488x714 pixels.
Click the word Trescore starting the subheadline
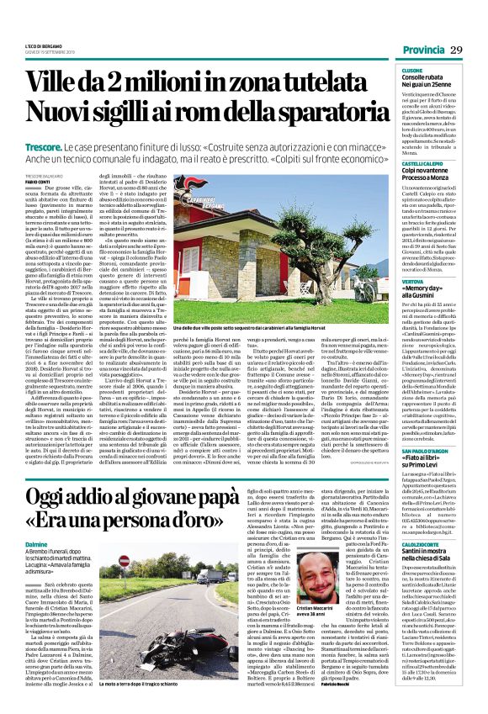(48, 147)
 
